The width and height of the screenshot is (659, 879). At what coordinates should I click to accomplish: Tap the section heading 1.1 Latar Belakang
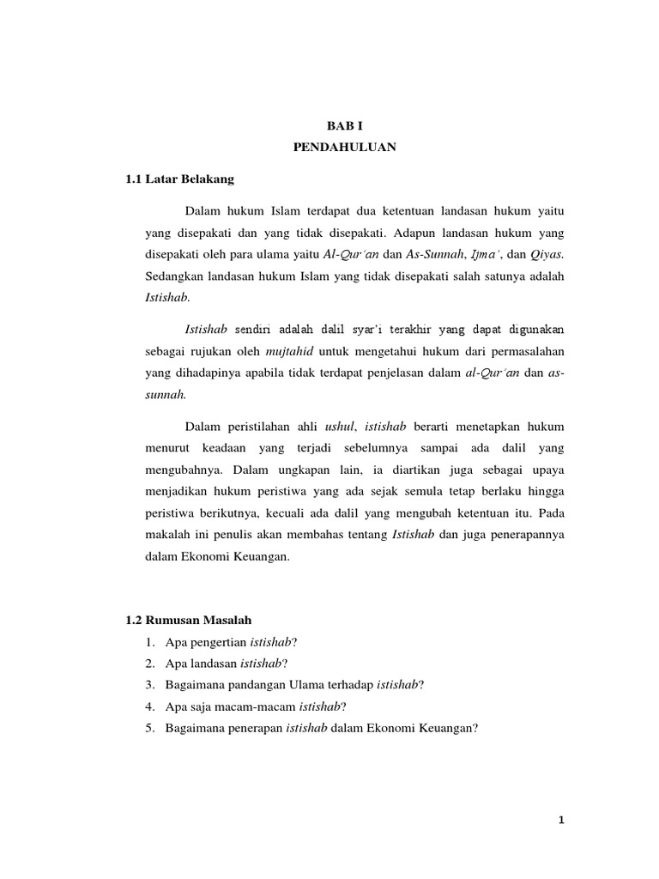tap(179, 180)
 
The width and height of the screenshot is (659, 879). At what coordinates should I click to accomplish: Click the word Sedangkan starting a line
tap(174, 277)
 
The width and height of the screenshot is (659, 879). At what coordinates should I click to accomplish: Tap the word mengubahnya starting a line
tap(183, 470)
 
